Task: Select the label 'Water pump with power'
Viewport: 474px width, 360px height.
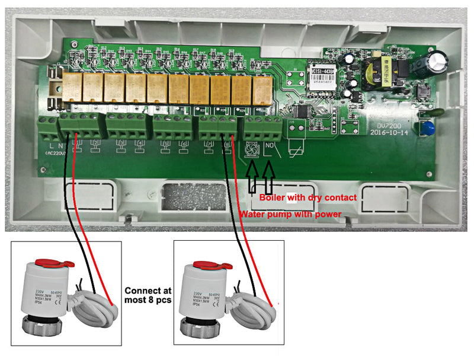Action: pos(290,214)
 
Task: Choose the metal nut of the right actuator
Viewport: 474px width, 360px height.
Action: pos(200,326)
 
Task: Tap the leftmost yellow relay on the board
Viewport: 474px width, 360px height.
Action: pos(72,87)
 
